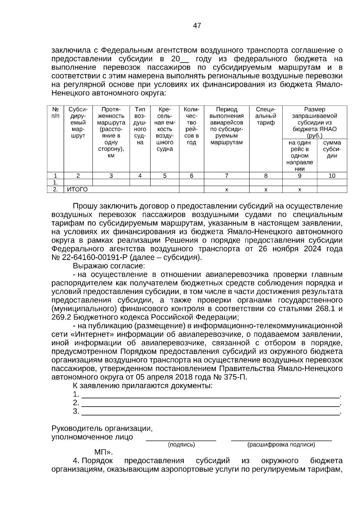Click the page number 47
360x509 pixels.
(x=197, y=25)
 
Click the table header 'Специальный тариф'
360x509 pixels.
(x=265, y=116)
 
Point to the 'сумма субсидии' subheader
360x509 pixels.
(x=332, y=149)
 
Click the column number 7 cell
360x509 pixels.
(x=226, y=176)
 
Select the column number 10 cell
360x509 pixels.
(x=332, y=176)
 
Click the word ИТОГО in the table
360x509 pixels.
(x=77, y=189)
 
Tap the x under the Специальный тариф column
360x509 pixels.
(x=265, y=190)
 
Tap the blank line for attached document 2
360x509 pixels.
(x=210, y=403)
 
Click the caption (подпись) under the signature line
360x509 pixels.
(x=181, y=445)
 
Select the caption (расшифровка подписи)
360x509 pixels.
(x=281, y=445)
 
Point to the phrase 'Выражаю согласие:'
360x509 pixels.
(x=109, y=266)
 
